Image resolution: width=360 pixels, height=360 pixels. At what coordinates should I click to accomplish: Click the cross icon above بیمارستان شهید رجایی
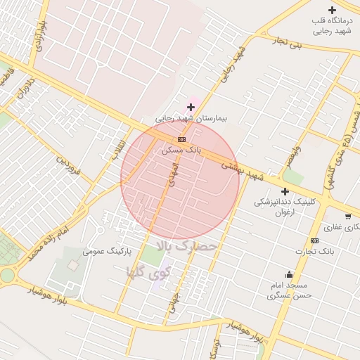[x=191, y=107]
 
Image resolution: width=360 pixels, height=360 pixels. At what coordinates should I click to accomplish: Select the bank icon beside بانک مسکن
[x=181, y=139]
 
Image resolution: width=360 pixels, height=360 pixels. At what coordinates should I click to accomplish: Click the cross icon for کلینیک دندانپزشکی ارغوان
[x=285, y=191]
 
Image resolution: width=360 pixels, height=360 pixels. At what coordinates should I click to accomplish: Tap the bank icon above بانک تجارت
[x=314, y=241]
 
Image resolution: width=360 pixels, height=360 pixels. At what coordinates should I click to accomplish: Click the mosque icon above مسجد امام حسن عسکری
[x=289, y=274]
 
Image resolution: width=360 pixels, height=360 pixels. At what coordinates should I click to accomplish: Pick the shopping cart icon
[x=347, y=216]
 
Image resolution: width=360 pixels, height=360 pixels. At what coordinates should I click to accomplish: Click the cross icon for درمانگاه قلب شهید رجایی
[x=332, y=10]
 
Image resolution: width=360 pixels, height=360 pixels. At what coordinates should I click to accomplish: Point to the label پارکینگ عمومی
[x=108, y=251]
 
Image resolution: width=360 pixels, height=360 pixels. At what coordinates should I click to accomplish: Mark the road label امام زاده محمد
[x=48, y=240]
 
